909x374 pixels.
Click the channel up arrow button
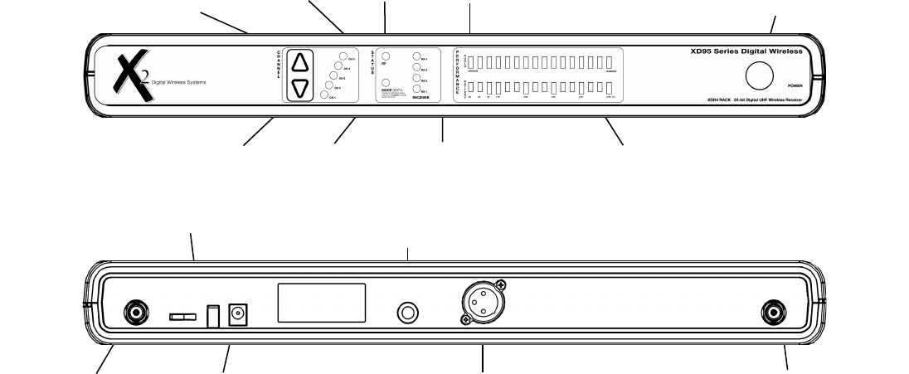click(x=300, y=62)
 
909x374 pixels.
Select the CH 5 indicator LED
click(x=343, y=57)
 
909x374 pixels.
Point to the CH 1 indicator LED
click(x=323, y=95)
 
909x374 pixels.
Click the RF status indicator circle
click(x=386, y=56)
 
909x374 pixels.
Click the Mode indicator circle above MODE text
click(x=386, y=84)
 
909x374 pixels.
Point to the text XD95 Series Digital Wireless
click(x=746, y=51)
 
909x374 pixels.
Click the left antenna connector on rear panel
click(x=135, y=313)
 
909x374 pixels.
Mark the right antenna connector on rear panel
click(x=773, y=313)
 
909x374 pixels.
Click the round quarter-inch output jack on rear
click(x=409, y=313)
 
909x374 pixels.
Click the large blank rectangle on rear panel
click(x=321, y=302)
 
